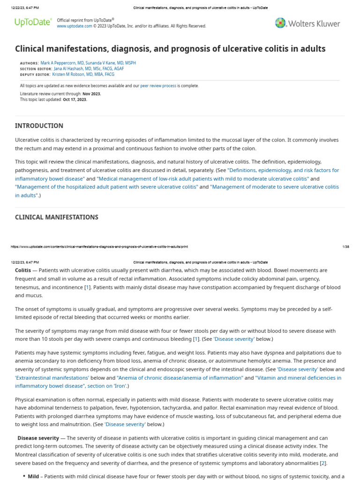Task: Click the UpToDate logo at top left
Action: tap(33, 22)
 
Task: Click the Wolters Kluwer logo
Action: tap(307, 23)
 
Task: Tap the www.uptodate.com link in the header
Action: tap(75, 26)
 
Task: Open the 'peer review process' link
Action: tap(158, 86)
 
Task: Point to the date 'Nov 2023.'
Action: tap(91, 94)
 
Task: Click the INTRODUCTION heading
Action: tap(39, 126)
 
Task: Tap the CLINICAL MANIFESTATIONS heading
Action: tap(56, 217)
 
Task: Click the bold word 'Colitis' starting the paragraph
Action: tap(23, 270)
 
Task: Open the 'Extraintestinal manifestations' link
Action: tap(52, 377)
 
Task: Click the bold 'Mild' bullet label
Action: tap(33, 476)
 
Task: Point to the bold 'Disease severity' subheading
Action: tap(38, 438)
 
